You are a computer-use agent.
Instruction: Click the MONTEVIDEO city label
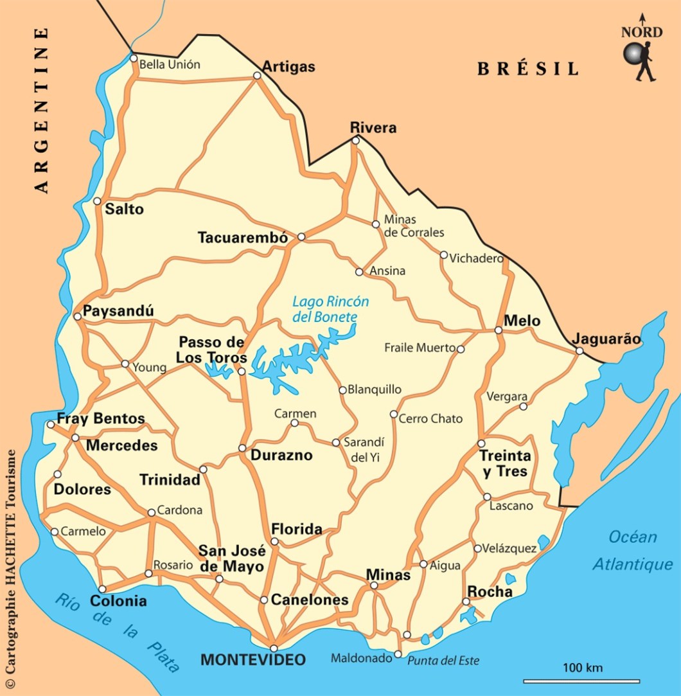click(253, 660)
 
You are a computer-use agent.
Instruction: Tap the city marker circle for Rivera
click(355, 140)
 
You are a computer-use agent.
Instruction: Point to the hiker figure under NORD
click(639, 62)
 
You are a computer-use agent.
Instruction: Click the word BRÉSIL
click(527, 69)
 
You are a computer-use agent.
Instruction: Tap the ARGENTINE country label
click(42, 110)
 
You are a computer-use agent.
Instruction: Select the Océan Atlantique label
click(632, 551)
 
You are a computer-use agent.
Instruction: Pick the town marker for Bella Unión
click(134, 58)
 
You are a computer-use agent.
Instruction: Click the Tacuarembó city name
click(242, 238)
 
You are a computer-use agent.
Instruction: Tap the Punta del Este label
click(443, 661)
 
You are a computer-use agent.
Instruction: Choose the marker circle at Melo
click(498, 330)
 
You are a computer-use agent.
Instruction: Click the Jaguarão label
click(606, 339)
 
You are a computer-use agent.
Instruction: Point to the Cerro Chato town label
click(430, 418)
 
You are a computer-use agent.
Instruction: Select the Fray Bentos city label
click(101, 418)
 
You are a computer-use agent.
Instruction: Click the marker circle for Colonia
click(102, 589)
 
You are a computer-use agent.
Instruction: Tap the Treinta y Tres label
click(506, 463)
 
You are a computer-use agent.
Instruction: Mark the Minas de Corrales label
click(414, 226)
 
